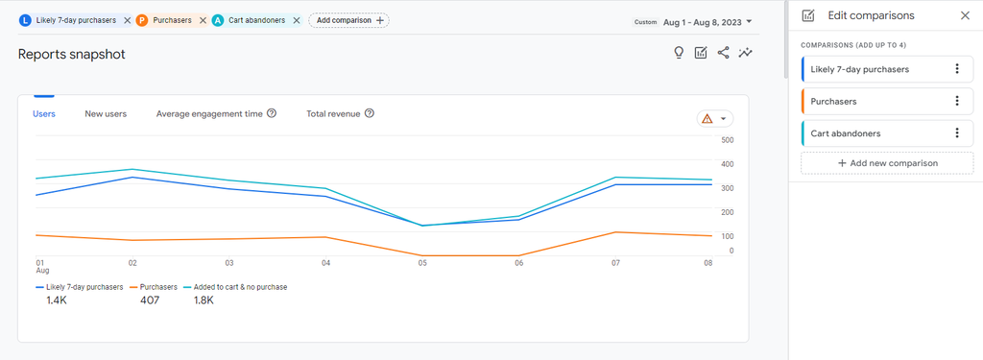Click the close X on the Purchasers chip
pos(203,20)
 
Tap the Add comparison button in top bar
pos(349,20)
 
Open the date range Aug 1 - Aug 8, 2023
pos(707,21)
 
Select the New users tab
pos(106,113)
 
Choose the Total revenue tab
pos(333,113)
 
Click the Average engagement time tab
pos(209,113)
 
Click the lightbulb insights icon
pos(679,53)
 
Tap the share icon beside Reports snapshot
pos(724,53)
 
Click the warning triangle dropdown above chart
pos(715,119)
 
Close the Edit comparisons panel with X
pos(965,15)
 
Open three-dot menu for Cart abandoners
pos(957,133)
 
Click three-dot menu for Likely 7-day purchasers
pos(957,69)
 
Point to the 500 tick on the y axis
pos(728,140)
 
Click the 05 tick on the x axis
pos(422,262)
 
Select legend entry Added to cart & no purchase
pos(239,287)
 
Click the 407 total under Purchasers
pos(150,300)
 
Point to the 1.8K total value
pos(203,300)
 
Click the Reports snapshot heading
pos(72,55)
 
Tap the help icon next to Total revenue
pos(370,113)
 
